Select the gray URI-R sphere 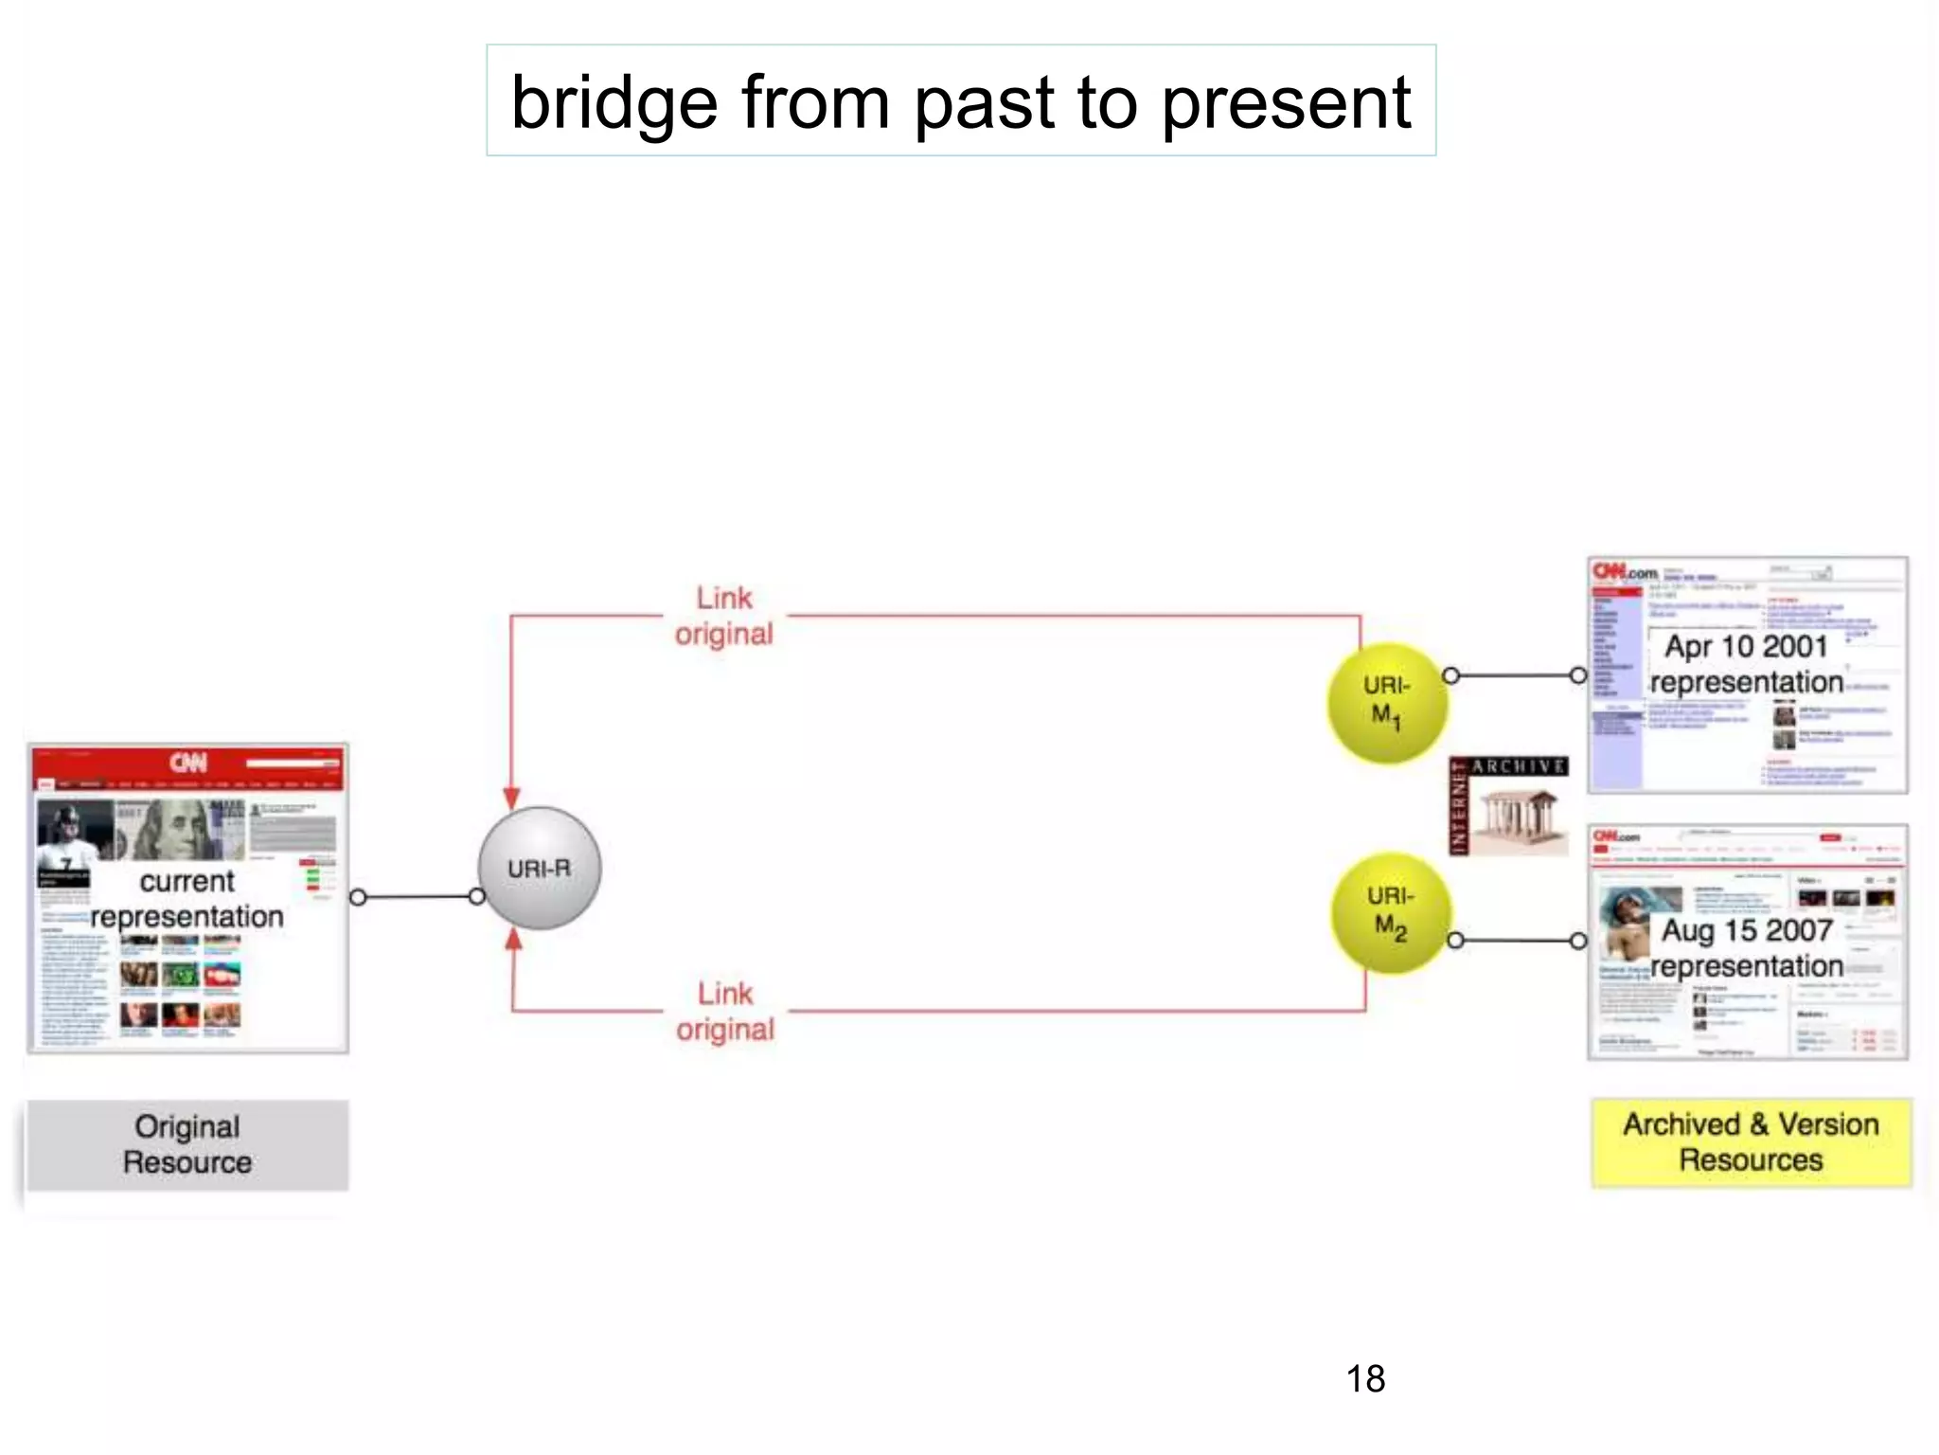pos(539,868)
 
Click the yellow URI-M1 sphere pos(1387,702)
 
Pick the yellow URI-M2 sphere pos(1390,913)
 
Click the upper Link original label pos(724,616)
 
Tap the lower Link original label pos(725,1012)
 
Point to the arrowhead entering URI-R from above pos(511,798)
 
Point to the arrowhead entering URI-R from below pos(513,939)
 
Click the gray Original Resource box pos(187,1144)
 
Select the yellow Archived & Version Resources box pos(1751,1142)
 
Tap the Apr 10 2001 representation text pos(1746,664)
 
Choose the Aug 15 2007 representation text pos(1747,948)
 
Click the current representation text pos(187,899)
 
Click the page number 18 pos(1365,1379)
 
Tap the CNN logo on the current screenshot pos(188,763)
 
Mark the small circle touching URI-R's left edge pos(477,896)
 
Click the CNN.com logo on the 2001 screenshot pos(1625,572)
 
